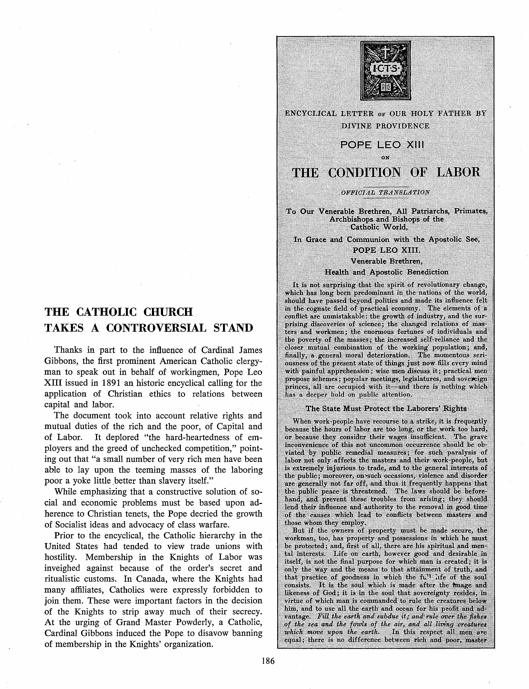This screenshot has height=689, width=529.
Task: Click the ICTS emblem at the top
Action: [385, 71]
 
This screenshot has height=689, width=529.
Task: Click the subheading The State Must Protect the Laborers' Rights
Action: [386, 409]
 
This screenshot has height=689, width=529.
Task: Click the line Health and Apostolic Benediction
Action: [387, 272]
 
